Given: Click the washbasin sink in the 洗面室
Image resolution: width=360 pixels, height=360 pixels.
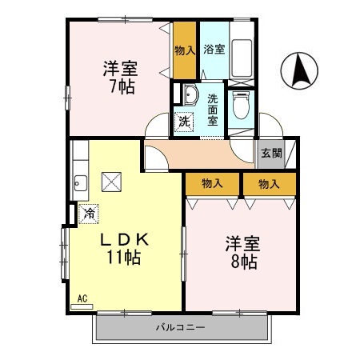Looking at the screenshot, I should (189, 97).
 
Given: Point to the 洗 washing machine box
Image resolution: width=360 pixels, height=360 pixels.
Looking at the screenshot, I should (185, 122).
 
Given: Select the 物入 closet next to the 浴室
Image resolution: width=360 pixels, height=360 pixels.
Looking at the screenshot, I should (185, 50).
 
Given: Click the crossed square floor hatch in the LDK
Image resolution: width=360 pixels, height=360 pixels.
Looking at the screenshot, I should (110, 182).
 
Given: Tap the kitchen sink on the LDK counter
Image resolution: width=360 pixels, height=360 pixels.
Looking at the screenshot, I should (79, 183).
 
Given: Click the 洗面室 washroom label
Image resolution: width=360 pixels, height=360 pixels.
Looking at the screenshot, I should (213, 110).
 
